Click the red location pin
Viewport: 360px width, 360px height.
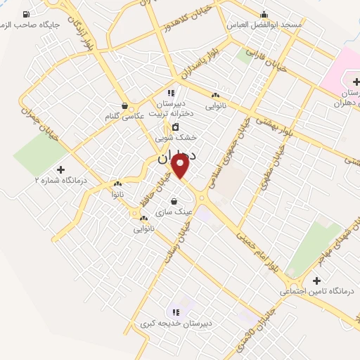tap(181, 166)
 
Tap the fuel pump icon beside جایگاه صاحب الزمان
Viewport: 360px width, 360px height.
tap(27, 14)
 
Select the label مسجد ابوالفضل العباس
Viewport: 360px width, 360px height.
tap(263, 25)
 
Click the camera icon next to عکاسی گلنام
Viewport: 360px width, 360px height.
tap(124, 105)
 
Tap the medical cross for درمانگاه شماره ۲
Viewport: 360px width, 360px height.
tap(60, 169)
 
